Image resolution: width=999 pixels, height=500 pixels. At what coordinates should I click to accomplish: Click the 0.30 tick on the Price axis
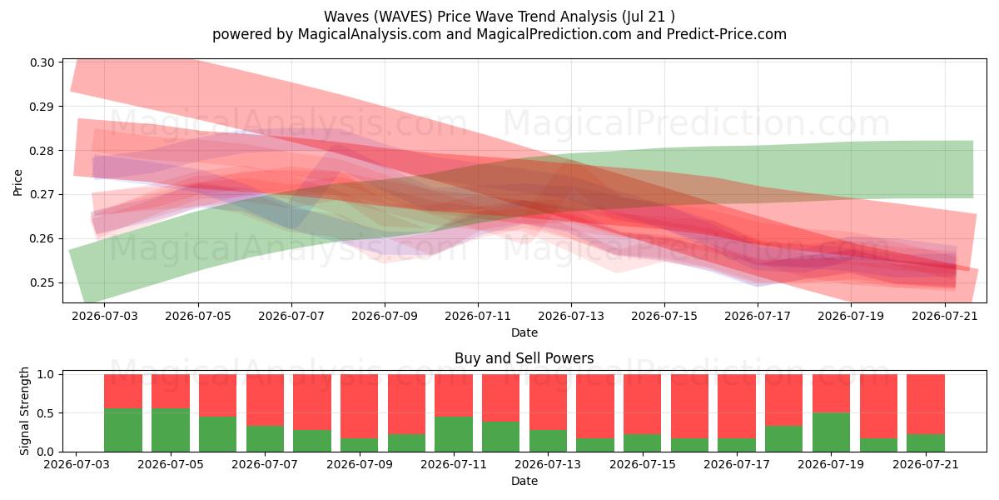42,62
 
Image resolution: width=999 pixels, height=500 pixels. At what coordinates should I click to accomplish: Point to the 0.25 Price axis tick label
42,283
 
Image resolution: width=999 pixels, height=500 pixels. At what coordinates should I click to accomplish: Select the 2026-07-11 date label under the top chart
478,316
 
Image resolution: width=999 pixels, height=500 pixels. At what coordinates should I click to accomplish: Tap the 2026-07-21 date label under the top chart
945,316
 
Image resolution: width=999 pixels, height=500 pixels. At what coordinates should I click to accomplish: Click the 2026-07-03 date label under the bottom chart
77,464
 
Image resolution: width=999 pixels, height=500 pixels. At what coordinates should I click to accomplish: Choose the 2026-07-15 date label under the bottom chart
642,464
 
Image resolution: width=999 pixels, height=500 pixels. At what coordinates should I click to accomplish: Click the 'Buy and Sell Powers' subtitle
524,358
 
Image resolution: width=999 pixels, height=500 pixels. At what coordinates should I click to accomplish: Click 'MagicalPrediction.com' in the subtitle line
554,34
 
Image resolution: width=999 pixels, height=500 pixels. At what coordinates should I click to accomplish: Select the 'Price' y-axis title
17,182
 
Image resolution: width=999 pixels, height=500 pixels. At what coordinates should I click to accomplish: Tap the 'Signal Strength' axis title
24,411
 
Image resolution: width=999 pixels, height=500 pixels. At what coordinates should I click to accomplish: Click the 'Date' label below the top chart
524,332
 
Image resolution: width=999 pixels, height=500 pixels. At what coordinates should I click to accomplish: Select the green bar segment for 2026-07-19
831,432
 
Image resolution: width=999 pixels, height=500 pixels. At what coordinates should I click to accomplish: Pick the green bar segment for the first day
123,430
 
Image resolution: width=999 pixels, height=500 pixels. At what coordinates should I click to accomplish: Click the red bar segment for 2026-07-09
359,407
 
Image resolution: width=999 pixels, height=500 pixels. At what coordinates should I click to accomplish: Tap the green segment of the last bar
926,442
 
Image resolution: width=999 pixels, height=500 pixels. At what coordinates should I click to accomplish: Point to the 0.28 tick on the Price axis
42,151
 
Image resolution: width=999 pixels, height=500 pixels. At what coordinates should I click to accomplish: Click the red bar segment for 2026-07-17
736,407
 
